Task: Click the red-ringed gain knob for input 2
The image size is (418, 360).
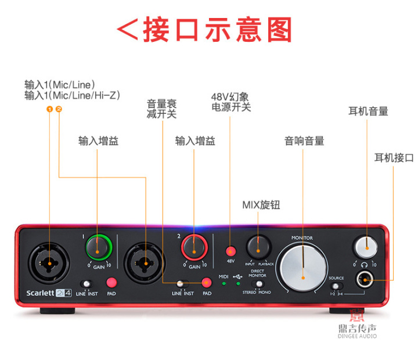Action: point(194,249)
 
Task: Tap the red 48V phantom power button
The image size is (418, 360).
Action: point(230,251)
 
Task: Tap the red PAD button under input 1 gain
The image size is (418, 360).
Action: point(111,283)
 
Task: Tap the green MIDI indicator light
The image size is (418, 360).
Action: point(224,283)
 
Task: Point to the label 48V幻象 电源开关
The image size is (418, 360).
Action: point(230,102)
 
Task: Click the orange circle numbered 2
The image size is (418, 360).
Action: point(59,109)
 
